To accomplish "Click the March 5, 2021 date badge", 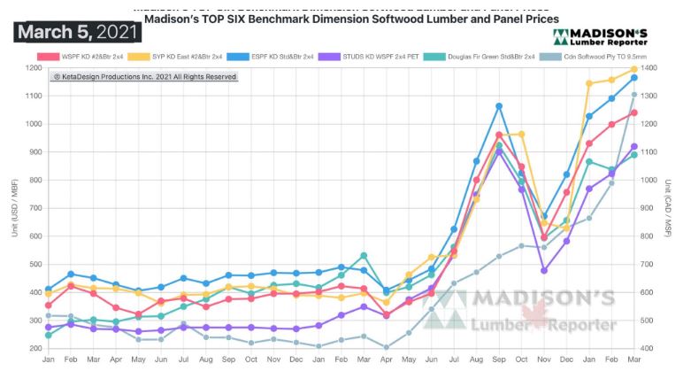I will (78, 33).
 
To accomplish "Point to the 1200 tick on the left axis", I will (35, 68).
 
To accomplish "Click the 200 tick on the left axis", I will (35, 348).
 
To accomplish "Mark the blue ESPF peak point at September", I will (499, 106).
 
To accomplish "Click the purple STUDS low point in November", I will (544, 270).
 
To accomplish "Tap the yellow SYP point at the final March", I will (633, 69).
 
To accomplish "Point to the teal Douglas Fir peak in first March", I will (363, 256).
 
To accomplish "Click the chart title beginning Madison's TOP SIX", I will (351, 19).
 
